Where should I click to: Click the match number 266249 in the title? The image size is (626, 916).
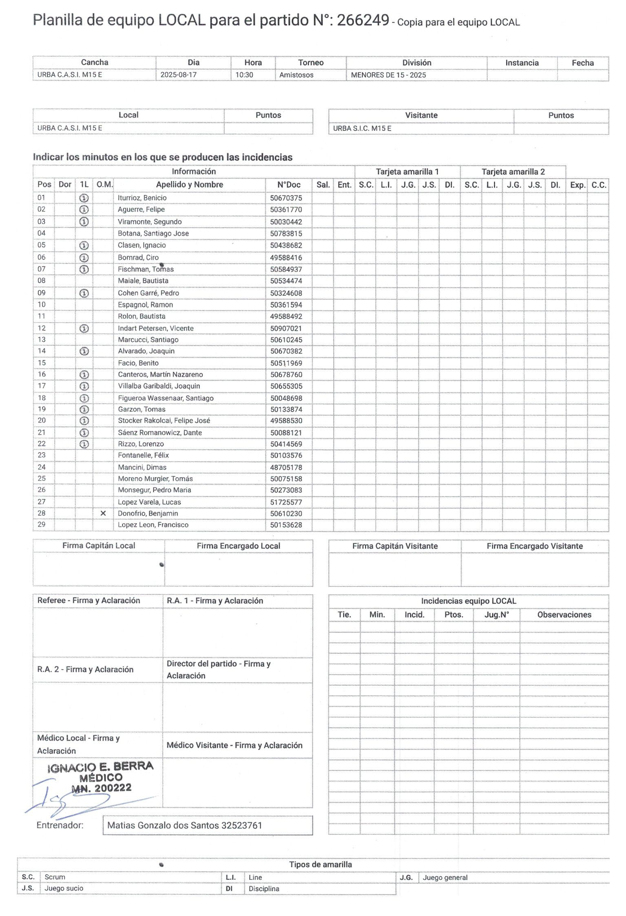(363, 20)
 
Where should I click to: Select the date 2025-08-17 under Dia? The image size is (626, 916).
(178, 75)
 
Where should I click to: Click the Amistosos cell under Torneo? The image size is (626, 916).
(296, 75)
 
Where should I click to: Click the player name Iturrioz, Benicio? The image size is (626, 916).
(142, 198)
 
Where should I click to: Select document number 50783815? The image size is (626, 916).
(286, 234)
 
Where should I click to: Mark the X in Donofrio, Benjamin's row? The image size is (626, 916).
(103, 513)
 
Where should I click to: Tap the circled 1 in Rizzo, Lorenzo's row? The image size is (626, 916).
(84, 444)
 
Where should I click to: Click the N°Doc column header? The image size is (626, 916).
(289, 185)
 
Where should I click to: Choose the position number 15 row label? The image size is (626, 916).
(42, 363)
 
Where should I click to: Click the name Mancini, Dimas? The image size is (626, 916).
(142, 467)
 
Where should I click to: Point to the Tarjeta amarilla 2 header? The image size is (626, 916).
(513, 172)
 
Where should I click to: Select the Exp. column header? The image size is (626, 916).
(577, 185)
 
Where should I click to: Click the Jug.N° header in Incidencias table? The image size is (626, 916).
(496, 615)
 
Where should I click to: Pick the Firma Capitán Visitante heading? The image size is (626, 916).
(395, 546)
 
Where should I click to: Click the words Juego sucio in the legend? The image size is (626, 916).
(64, 888)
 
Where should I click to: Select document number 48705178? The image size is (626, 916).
(286, 467)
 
